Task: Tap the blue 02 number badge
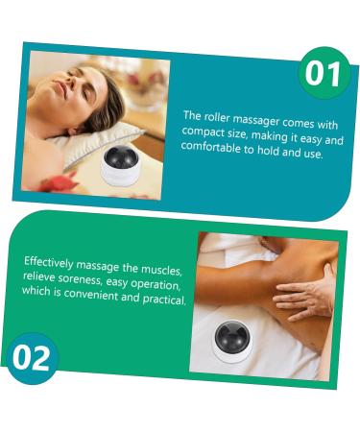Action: tap(31, 358)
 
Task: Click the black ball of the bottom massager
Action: tap(228, 336)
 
